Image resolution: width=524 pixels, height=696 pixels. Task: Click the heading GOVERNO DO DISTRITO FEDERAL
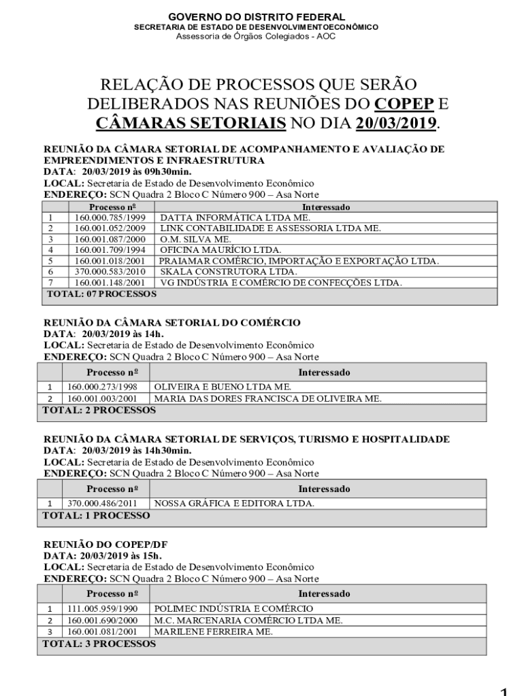[x=256, y=16]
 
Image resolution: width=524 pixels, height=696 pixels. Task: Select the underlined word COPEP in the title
[x=403, y=105]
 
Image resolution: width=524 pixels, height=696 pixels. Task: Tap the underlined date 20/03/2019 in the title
[x=395, y=124]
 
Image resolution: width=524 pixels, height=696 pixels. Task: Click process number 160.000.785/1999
[x=110, y=217]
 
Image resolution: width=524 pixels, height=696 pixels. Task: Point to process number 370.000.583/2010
[x=110, y=271]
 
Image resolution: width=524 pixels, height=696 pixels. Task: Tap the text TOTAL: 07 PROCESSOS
[x=101, y=294]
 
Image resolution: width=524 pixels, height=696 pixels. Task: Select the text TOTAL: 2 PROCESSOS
[x=99, y=411]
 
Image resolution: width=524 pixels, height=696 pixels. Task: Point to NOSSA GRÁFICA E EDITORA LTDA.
[x=234, y=504]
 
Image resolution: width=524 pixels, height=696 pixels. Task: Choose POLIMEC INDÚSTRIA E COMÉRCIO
[x=234, y=609]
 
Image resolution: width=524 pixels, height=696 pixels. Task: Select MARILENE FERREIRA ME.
[x=214, y=631]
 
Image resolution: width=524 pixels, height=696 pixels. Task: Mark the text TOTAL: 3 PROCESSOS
[x=99, y=643]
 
